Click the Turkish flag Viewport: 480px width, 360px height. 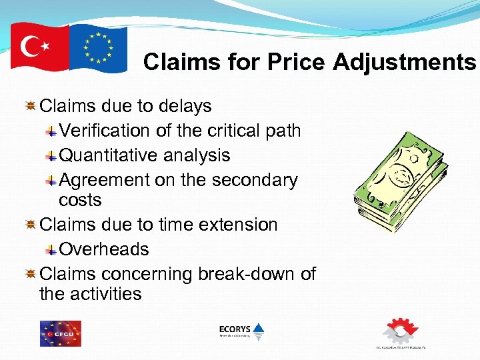40,47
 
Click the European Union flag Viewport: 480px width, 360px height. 98,48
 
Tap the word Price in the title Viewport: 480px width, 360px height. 295,62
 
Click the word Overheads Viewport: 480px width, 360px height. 104,249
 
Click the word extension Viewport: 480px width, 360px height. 236,225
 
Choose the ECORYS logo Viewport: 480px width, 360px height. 241,331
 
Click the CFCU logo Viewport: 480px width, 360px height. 61,333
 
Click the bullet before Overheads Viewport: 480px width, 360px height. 51,250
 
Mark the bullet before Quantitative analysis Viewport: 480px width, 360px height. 51,156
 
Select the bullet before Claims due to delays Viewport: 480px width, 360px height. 30,106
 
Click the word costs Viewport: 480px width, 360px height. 80,200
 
